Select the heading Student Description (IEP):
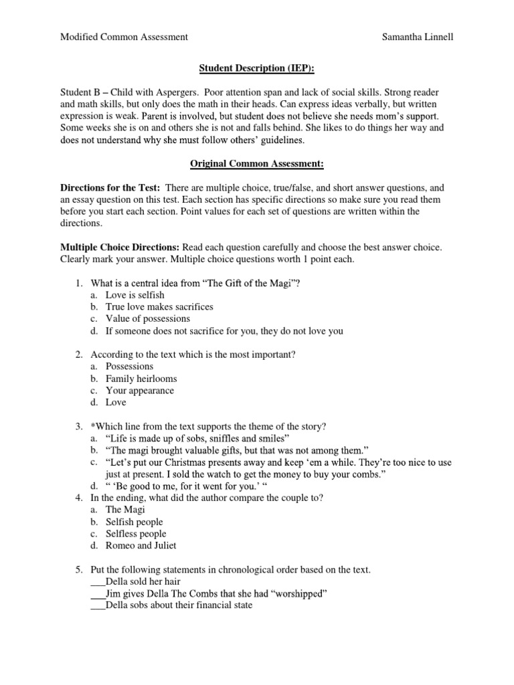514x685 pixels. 257,68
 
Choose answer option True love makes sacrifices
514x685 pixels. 159,306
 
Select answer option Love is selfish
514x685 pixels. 135,294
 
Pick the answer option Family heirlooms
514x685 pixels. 141,379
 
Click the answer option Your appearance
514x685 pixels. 139,391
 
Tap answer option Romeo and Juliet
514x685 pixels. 141,546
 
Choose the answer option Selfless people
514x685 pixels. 136,534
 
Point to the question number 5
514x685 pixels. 78,570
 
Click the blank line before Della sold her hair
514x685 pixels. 97,582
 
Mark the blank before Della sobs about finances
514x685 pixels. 97,606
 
